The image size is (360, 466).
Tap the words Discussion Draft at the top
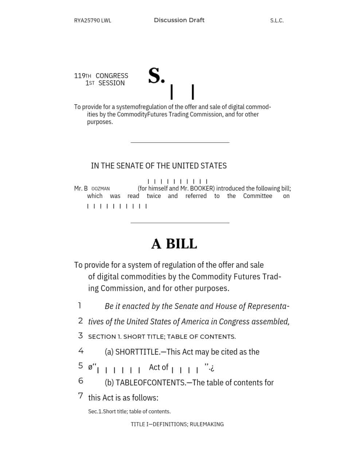179,20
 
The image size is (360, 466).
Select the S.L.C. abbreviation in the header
277,21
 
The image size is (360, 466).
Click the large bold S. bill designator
156,76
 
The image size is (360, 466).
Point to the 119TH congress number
82,76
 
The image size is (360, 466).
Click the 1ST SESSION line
105,83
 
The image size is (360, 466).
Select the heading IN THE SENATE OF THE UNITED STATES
159,166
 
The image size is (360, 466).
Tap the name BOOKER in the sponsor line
201,189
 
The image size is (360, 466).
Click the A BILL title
174,244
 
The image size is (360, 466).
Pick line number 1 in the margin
79,305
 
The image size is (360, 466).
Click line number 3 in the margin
80,336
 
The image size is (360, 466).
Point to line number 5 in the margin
80,366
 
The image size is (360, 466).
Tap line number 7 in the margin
80,396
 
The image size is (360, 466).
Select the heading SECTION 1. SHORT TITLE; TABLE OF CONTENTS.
162,337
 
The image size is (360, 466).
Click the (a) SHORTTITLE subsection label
132,352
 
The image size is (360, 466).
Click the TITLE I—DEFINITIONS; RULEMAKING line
177,424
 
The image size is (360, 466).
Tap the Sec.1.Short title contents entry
129,412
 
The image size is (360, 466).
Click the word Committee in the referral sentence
258,196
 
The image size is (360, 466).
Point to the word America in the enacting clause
196,322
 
